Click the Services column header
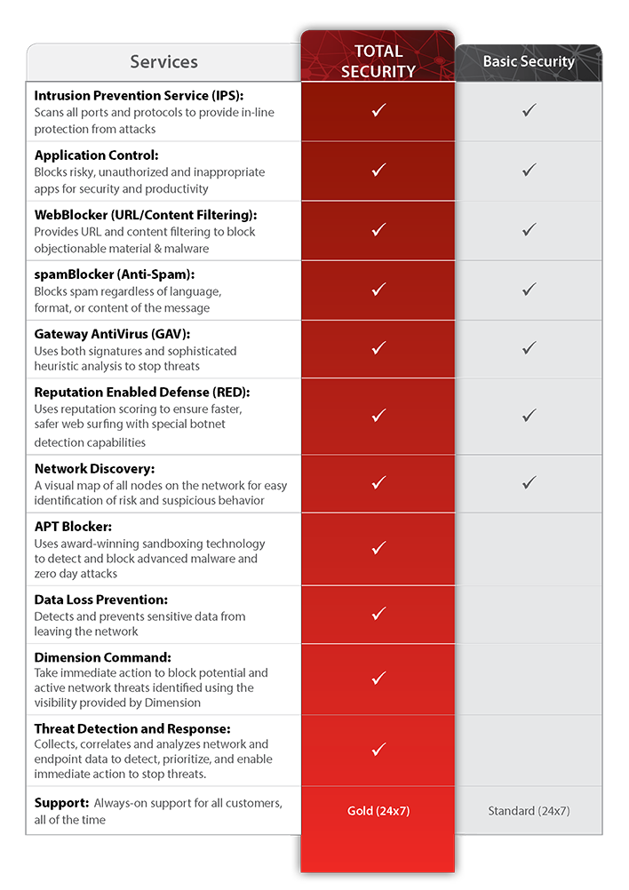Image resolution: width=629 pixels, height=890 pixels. pos(163,61)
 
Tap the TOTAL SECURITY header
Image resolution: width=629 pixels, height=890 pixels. pos(378,60)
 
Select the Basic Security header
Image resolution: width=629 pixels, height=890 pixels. pos(529,61)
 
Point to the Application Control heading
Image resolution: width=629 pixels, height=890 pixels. pos(96,155)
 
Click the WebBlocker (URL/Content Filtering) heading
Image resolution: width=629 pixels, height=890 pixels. pos(145,214)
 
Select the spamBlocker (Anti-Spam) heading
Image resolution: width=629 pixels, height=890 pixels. pos(114,274)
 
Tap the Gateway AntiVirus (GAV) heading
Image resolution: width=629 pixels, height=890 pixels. pos(115,333)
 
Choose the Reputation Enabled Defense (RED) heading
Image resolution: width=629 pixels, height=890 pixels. pos(141,392)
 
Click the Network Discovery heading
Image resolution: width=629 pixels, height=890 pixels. pos(94,468)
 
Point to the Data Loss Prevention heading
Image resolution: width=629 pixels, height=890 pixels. pos(100,600)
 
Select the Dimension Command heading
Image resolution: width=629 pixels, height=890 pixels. pos(102,657)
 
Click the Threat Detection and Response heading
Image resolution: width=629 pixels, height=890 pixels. pos(131,728)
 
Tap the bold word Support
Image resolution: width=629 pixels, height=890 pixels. pos(61,802)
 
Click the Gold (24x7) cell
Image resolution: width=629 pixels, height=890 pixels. pos(378,811)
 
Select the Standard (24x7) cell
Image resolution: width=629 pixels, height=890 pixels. pos(529,811)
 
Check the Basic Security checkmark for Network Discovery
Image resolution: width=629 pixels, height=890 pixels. pos(529,482)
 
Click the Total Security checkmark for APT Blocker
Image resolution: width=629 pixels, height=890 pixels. pos(378,547)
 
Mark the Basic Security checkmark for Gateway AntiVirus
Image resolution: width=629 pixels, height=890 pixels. pos(529,348)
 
